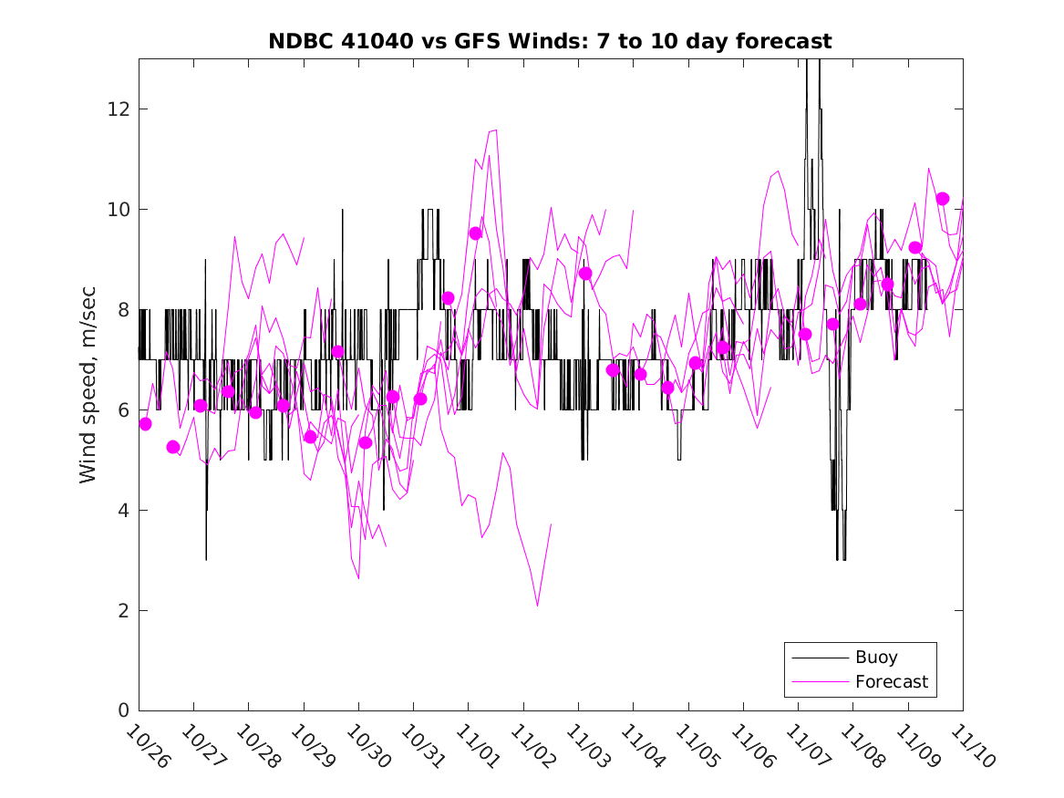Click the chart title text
pos(550,42)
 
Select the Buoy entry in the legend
pos(875,658)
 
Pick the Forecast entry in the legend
pos(891,681)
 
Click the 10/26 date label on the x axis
pos(148,747)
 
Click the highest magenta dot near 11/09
pos(943,199)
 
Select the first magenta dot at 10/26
pos(145,424)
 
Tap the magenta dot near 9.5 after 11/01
pos(475,233)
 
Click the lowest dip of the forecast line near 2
pos(538,606)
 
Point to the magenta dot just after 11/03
pos(585,274)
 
